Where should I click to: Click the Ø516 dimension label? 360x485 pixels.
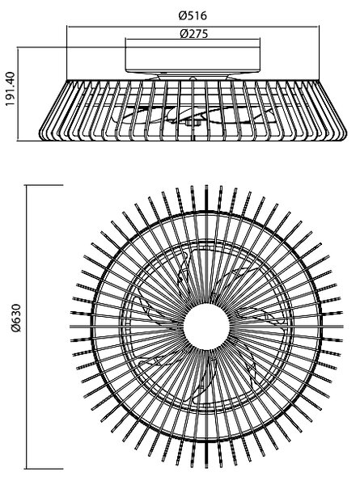(x=193, y=15)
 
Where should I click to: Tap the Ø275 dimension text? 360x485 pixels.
(x=194, y=33)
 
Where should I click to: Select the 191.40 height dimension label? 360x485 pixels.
(x=11, y=89)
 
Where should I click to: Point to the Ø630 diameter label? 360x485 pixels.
(x=15, y=318)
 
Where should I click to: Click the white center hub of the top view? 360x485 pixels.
(x=206, y=327)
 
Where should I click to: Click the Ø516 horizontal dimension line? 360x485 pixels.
(x=193, y=27)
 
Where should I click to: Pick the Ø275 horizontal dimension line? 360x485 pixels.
(x=193, y=39)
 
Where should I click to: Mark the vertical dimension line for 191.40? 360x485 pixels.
(x=18, y=94)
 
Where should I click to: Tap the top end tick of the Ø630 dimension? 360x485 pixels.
(x=44, y=185)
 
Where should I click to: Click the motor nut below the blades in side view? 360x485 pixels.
(x=192, y=124)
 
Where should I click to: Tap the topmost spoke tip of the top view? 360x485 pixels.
(x=206, y=186)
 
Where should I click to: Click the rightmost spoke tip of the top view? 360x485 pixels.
(x=343, y=327)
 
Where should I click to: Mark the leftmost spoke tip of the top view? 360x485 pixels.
(x=70, y=327)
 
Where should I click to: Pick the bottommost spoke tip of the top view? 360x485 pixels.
(x=206, y=467)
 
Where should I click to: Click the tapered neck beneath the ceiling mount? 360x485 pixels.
(x=193, y=77)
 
